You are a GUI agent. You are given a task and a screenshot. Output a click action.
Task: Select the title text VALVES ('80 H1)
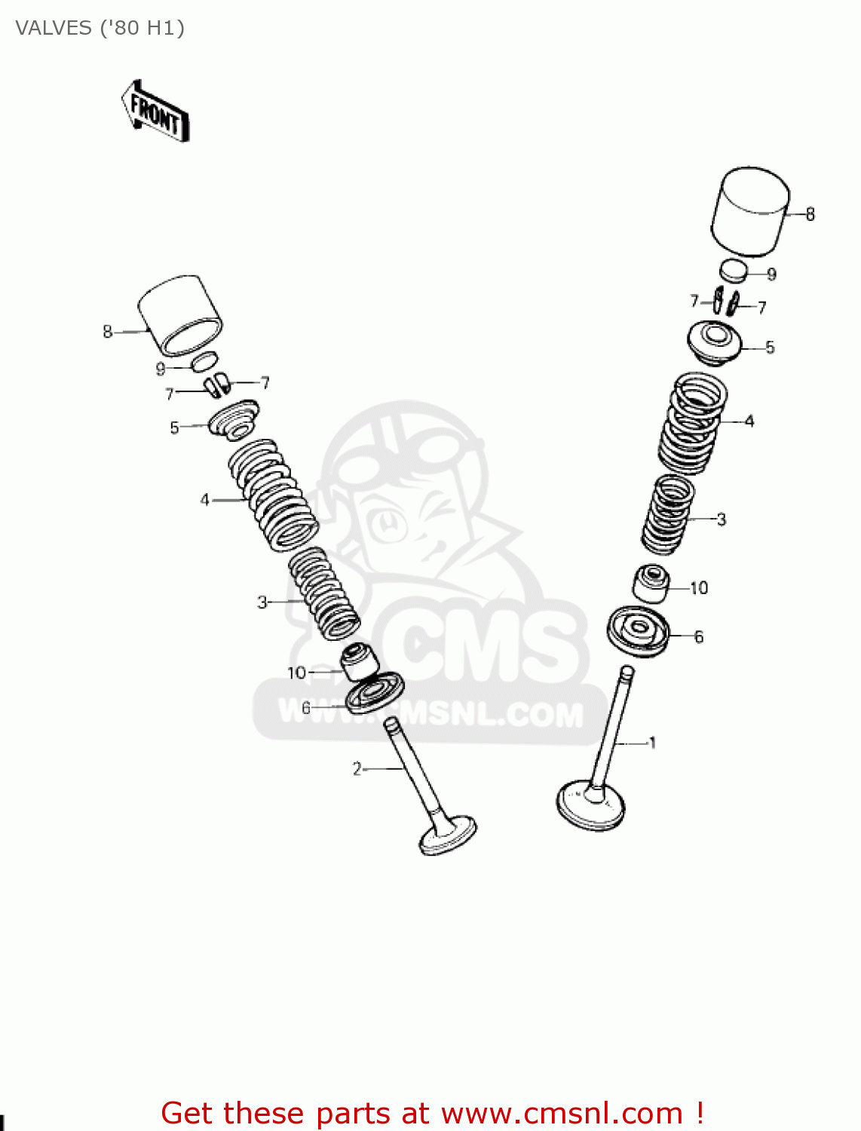(100, 28)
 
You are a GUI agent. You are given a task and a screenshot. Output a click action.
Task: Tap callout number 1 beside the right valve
(652, 743)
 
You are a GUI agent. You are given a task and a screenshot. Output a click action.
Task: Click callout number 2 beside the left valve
(357, 768)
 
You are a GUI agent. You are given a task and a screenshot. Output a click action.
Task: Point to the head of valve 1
(590, 806)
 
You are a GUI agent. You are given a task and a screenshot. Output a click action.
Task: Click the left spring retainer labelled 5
(234, 421)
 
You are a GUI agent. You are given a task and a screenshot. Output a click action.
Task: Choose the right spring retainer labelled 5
(714, 342)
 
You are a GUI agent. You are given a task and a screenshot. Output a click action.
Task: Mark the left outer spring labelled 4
(273, 494)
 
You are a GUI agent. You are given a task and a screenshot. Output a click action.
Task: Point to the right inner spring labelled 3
(667, 514)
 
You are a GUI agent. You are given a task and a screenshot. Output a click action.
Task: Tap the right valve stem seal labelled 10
(651, 583)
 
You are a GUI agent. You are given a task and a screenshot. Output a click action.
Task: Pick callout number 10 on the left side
(296, 673)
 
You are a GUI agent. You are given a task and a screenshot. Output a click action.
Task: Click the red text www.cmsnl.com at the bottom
(562, 1113)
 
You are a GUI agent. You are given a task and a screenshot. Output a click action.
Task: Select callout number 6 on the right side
(699, 637)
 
